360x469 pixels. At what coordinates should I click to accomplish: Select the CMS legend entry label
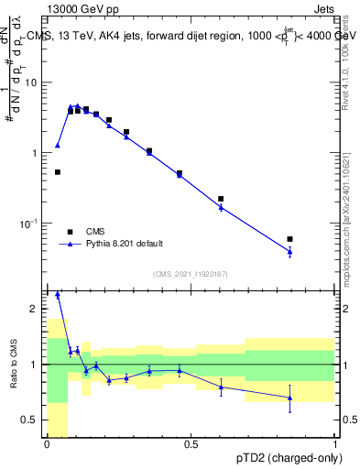[x=96, y=232]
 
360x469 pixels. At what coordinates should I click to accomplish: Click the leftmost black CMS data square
[x=58, y=171]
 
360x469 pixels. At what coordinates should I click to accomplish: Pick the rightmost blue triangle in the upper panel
[x=290, y=251]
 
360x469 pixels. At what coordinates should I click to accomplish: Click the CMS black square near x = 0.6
[x=221, y=199]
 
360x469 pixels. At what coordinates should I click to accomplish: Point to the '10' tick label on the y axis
[x=32, y=82]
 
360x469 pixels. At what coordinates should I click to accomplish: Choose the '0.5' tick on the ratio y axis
[x=32, y=420]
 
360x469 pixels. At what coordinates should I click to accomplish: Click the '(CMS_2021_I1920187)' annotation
[x=191, y=274]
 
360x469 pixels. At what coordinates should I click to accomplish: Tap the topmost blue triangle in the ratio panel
[x=58, y=295]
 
